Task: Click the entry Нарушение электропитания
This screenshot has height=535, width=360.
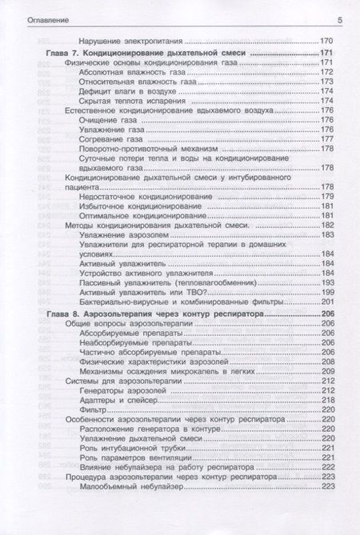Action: (132, 40)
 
